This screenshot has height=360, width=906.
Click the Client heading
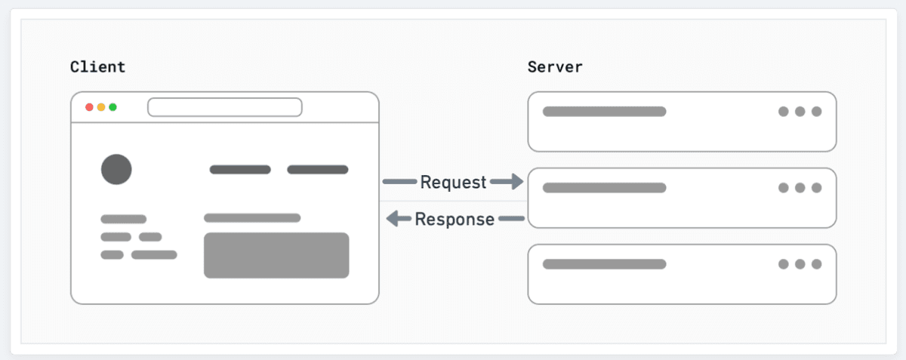click(97, 66)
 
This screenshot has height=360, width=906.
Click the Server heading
click(555, 66)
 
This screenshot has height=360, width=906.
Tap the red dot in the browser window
click(89, 107)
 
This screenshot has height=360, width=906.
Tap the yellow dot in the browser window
click(101, 107)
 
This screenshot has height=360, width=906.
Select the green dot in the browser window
click(112, 107)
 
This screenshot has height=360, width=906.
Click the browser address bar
click(224, 107)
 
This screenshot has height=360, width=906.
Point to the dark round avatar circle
click(116, 169)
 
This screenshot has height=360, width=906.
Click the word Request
click(453, 182)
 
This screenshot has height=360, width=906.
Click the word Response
click(455, 220)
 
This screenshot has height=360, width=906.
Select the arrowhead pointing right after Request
click(516, 181)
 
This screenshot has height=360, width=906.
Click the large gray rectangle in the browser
click(276, 255)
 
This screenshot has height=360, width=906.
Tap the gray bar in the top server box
click(604, 112)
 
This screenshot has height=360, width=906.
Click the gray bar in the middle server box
click(604, 188)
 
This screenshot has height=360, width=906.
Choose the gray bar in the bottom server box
click(604, 264)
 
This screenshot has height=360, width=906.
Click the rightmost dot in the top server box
click(816, 112)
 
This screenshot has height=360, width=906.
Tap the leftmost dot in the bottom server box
click(784, 264)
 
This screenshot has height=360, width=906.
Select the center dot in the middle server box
click(800, 188)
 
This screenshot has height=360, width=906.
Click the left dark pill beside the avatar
click(240, 170)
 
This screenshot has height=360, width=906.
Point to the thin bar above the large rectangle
click(252, 218)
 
